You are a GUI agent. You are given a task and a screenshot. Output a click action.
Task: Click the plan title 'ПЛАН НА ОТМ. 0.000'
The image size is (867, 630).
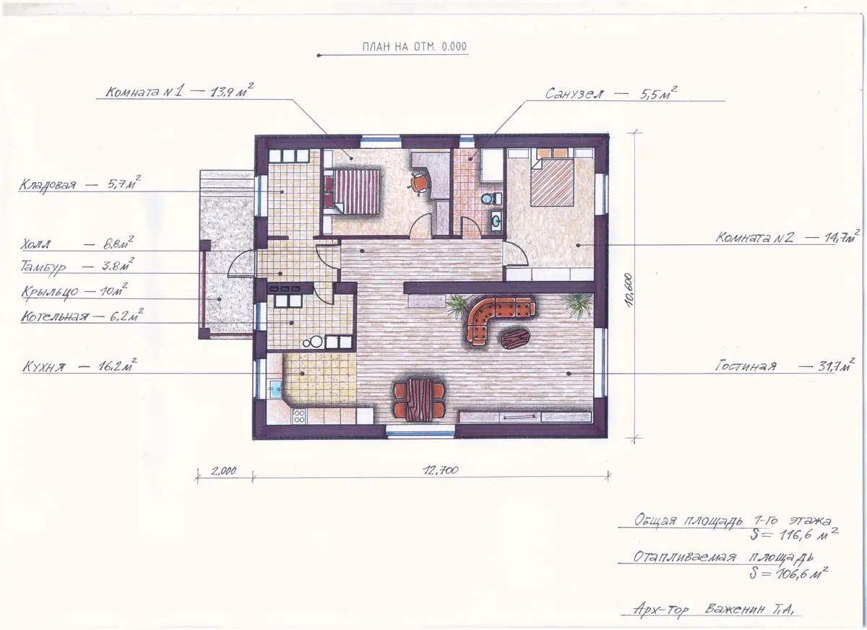pyautogui.click(x=415, y=47)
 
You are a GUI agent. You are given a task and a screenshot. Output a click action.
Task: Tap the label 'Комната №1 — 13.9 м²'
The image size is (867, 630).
pyautogui.click(x=180, y=92)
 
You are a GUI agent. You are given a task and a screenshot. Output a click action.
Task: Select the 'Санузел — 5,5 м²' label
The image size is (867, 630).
pyautogui.click(x=611, y=93)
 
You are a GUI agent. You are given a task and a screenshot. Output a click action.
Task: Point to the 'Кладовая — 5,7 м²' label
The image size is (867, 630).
pyautogui.click(x=79, y=184)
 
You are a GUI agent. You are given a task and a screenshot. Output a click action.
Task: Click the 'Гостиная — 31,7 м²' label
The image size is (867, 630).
pyautogui.click(x=784, y=366)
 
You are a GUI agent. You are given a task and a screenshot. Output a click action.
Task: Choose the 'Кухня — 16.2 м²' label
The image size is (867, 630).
pyautogui.click(x=79, y=366)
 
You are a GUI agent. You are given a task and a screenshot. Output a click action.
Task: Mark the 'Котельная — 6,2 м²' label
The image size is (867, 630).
pyautogui.click(x=82, y=316)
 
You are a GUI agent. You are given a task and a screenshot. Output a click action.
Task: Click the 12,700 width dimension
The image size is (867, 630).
pyautogui.click(x=441, y=470)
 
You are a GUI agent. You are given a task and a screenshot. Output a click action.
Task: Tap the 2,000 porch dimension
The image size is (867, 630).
pyautogui.click(x=224, y=470)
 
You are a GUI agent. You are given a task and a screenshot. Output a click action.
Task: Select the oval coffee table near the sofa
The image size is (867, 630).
pyautogui.click(x=515, y=340)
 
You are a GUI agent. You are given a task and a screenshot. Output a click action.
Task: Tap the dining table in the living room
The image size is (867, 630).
pyautogui.click(x=419, y=400)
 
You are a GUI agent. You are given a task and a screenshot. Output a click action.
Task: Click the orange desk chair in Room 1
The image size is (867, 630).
pyautogui.click(x=420, y=182)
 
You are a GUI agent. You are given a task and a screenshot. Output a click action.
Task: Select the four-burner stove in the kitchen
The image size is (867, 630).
pyautogui.click(x=299, y=416)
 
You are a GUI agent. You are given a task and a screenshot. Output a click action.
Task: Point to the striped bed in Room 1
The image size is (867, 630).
pyautogui.click(x=352, y=191)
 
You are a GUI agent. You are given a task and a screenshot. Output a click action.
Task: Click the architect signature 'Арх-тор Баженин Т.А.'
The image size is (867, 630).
pyautogui.click(x=710, y=610)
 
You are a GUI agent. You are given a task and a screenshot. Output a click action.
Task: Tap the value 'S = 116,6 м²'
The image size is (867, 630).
pyautogui.click(x=793, y=535)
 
